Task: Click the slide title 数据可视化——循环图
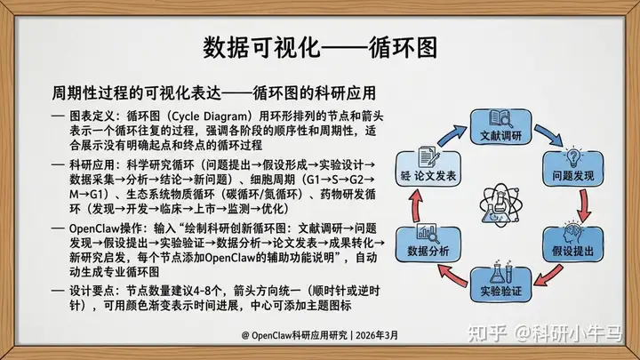[x=320, y=47]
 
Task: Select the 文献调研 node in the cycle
[x=500, y=126]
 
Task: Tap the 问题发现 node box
[x=572, y=168]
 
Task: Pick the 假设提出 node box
[x=572, y=244]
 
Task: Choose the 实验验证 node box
[x=500, y=284]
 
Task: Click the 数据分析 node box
[x=428, y=244]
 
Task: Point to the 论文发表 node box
[x=428, y=169]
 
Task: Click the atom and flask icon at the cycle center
[x=500, y=205]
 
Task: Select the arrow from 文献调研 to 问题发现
[x=549, y=135]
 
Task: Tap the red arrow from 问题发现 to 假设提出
[x=585, y=205]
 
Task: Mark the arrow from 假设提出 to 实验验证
[x=549, y=275]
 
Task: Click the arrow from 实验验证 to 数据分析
[x=452, y=275]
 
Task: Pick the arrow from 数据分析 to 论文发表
[x=416, y=205]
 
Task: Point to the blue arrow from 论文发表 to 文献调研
[x=452, y=135]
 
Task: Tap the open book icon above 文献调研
[x=500, y=119]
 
